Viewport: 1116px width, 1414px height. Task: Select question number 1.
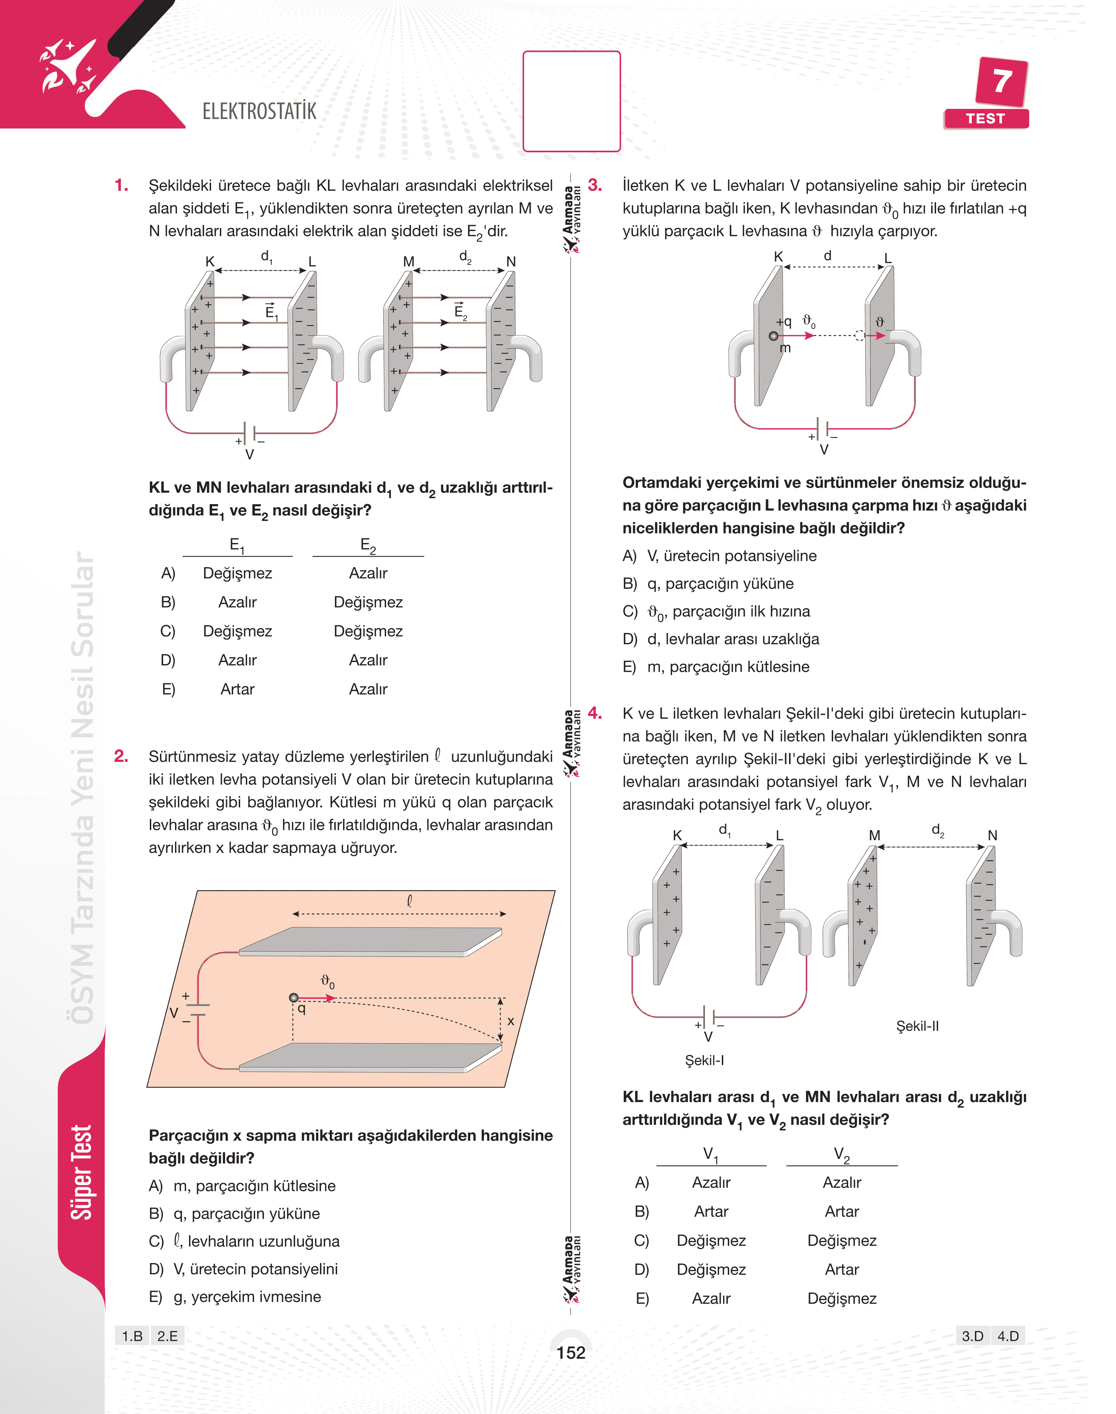pos(121,186)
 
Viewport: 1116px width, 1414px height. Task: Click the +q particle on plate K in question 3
pos(774,336)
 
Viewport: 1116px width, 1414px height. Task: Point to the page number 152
pos(571,1353)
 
